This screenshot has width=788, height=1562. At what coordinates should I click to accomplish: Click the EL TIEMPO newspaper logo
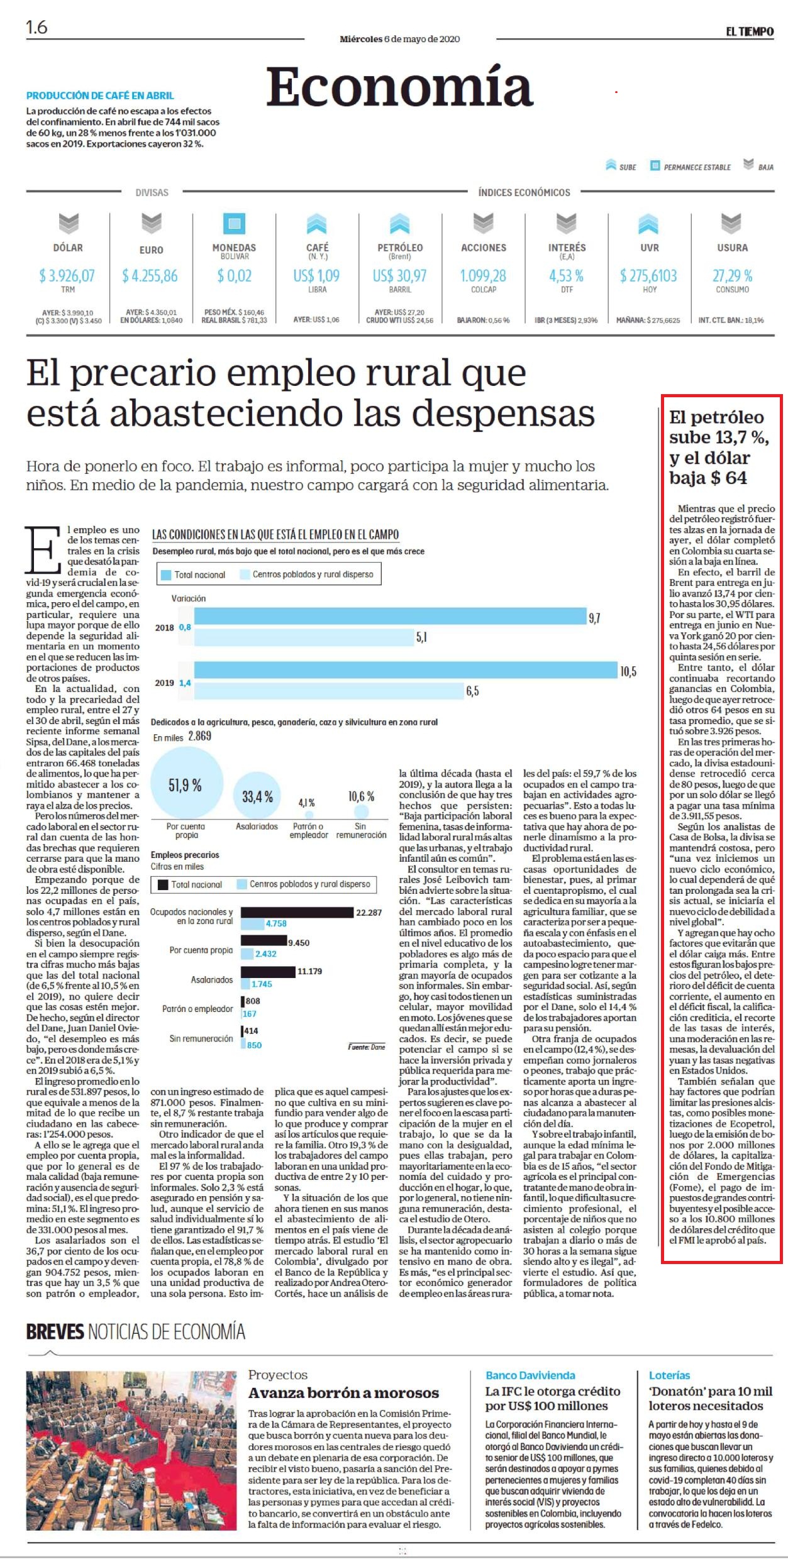(750, 31)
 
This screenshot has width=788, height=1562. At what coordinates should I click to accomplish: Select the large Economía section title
(400, 87)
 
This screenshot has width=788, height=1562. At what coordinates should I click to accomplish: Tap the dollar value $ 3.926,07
(67, 275)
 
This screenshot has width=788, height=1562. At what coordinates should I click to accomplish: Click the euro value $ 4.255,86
(150, 275)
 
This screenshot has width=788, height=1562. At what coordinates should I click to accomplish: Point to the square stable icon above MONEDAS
(234, 223)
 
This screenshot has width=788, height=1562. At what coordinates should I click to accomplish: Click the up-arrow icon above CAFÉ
(317, 223)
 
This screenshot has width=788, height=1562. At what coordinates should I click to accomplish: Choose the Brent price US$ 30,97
(400, 275)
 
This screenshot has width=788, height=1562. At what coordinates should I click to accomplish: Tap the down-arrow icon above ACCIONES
(483, 223)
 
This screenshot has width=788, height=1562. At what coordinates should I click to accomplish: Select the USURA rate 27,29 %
(732, 275)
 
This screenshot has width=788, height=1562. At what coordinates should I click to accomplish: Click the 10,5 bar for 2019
(406, 670)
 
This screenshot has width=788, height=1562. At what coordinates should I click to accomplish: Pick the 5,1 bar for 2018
(304, 637)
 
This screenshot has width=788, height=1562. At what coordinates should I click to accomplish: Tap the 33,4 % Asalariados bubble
(257, 796)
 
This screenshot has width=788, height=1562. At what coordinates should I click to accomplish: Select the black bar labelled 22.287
(297, 913)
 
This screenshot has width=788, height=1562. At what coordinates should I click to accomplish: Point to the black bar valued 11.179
(269, 972)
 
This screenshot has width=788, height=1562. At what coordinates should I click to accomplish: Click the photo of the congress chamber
(131, 1450)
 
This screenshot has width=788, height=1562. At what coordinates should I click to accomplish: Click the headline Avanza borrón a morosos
(343, 1393)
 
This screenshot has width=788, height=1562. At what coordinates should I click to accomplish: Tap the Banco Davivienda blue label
(530, 1375)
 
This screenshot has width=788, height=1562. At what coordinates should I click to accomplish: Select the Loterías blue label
(670, 1375)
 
